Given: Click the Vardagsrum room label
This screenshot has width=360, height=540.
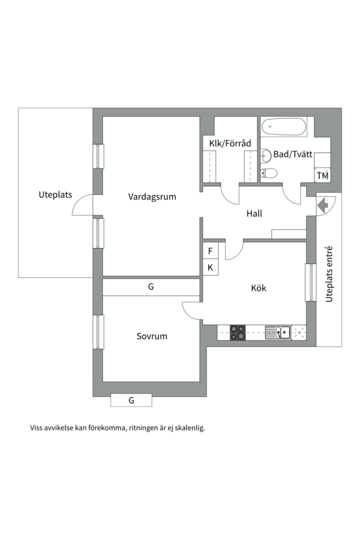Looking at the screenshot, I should [x=152, y=196].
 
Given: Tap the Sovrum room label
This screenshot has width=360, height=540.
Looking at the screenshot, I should [x=152, y=336].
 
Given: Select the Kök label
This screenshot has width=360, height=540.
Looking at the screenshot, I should [x=258, y=288].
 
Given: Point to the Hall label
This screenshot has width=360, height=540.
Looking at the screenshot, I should [x=254, y=213].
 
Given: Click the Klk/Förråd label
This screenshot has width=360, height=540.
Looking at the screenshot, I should [x=230, y=143].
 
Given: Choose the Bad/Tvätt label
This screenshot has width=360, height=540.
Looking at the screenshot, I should [x=292, y=154].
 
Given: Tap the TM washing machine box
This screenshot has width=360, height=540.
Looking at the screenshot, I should [x=322, y=175].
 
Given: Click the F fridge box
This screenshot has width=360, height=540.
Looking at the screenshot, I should [x=210, y=250].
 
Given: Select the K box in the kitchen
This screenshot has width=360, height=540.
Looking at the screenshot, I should [x=210, y=267].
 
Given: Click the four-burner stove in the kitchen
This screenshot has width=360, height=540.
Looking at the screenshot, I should [x=237, y=332].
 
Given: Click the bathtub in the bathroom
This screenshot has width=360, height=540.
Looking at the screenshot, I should [x=284, y=127].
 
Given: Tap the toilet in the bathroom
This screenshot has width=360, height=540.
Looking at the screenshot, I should [x=268, y=173].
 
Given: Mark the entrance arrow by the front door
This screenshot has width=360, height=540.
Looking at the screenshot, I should [x=321, y=204].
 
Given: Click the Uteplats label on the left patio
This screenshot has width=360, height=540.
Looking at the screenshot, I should [x=55, y=194].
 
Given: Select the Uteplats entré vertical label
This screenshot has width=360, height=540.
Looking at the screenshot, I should [x=329, y=274].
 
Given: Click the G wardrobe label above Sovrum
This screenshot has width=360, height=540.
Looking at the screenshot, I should [x=150, y=287].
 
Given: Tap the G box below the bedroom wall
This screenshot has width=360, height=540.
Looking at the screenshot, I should [x=131, y=400].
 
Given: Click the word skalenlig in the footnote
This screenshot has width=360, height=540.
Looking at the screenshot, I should [x=188, y=428].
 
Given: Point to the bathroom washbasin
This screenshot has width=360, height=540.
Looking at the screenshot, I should [x=265, y=156].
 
